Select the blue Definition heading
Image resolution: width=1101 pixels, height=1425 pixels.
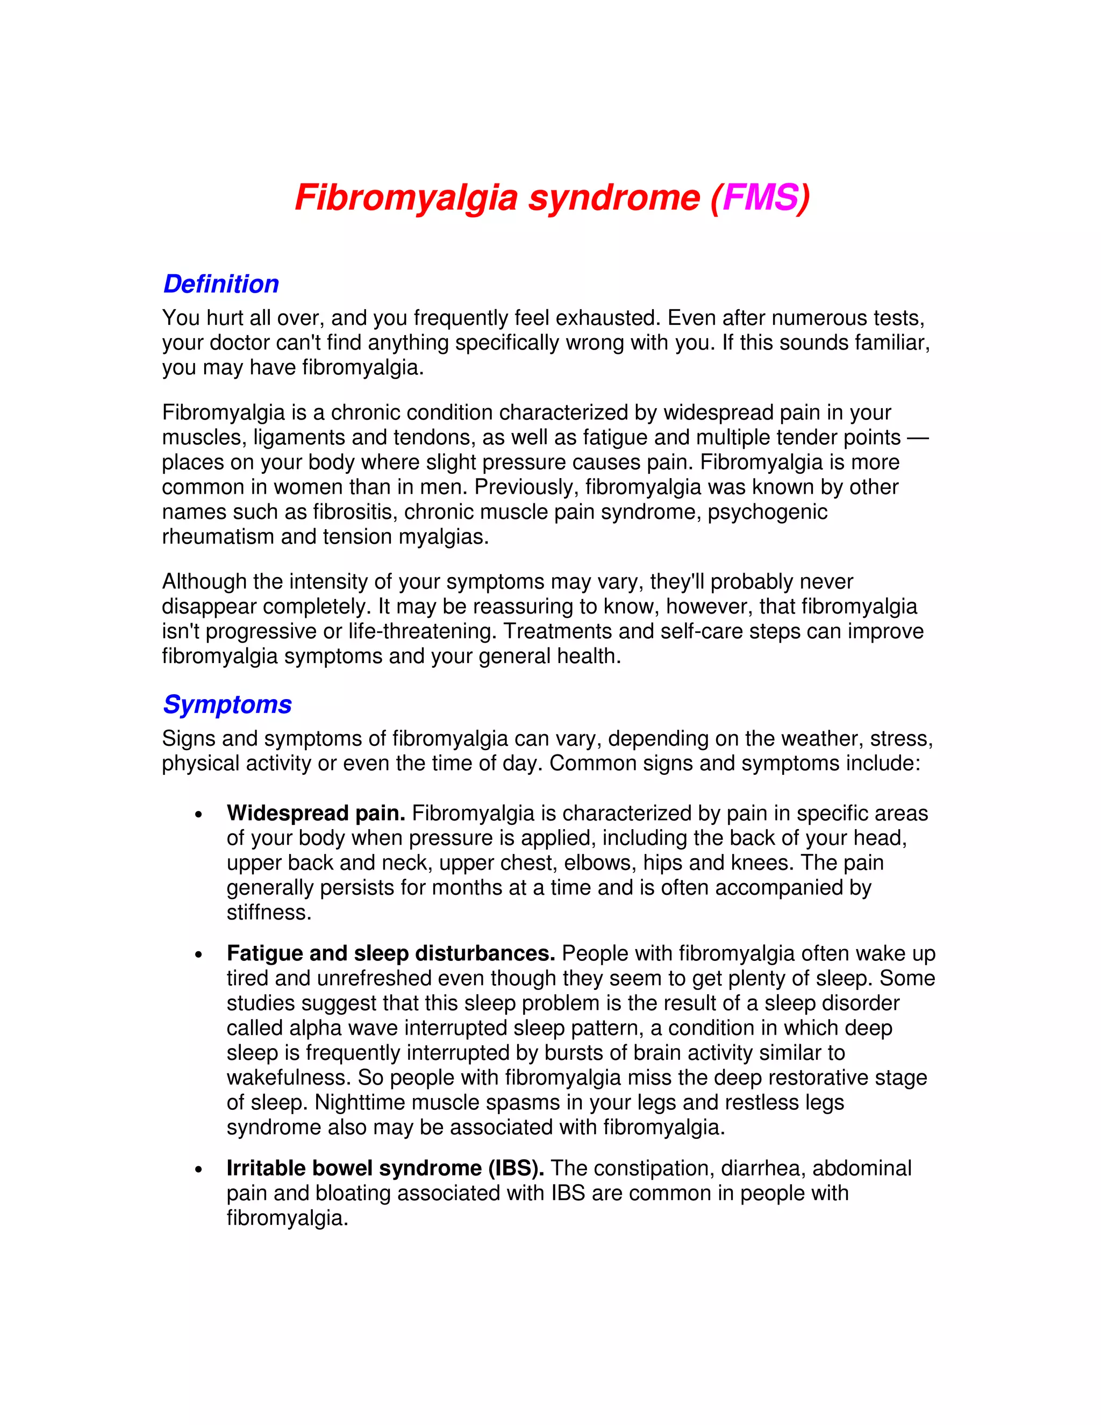click(221, 284)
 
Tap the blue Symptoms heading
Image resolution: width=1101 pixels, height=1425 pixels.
click(227, 704)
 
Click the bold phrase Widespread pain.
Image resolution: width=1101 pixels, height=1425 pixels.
click(316, 813)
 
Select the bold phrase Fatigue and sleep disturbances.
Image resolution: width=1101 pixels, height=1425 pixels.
click(391, 953)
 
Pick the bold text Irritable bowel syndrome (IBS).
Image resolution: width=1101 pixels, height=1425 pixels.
click(385, 1168)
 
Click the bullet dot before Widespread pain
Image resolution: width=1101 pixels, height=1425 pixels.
click(199, 815)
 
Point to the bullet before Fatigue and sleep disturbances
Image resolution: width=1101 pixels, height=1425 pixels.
click(199, 955)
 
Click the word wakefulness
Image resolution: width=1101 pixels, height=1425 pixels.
click(288, 1077)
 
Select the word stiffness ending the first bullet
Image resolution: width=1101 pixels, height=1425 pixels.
click(269, 912)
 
